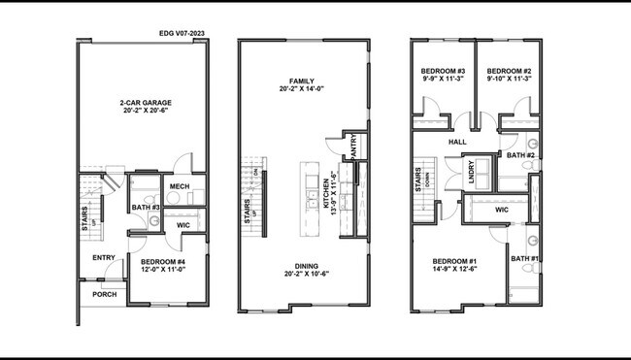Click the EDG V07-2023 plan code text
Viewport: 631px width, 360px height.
[x=182, y=33]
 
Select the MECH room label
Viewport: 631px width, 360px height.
[x=179, y=186]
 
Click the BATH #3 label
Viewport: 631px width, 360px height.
[x=146, y=207]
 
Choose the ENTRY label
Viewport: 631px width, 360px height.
[x=104, y=257]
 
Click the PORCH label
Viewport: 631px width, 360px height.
[x=104, y=294]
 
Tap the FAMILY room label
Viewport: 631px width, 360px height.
[x=303, y=81]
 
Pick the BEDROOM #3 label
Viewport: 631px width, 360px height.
[x=442, y=72]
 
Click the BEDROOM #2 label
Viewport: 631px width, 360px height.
[x=508, y=72]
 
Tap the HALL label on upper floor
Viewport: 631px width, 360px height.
[x=457, y=142]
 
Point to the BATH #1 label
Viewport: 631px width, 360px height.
[x=525, y=258]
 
